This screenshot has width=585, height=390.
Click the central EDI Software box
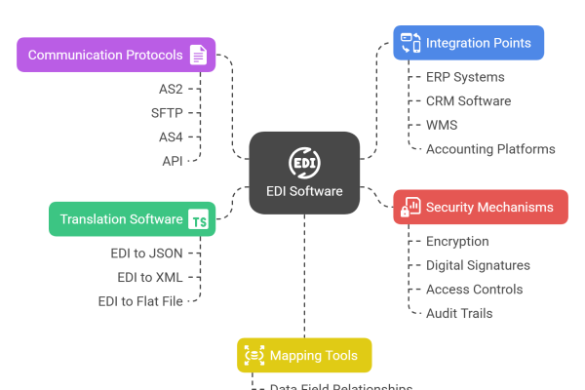[304, 173]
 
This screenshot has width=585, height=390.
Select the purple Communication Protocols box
[116, 55]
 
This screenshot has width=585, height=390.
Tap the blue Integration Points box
[468, 43]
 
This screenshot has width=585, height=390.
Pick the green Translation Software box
[133, 219]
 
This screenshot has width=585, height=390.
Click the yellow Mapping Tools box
[304, 356]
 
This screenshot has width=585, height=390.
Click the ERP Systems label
[465, 77]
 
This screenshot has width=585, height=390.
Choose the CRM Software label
[468, 101]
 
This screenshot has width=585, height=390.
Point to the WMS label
[442, 125]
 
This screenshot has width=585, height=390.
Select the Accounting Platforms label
[490, 149]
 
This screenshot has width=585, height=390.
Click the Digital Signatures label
[478, 265]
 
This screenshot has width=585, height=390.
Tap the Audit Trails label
[458, 313]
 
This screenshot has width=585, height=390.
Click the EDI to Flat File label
[140, 301]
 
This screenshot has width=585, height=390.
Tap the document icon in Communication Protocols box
[198, 55]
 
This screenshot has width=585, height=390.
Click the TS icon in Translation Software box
[198, 220]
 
